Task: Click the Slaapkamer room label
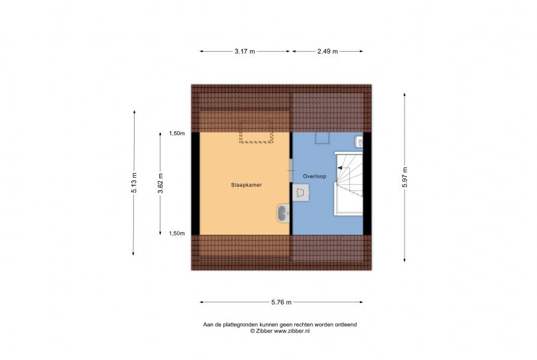246,185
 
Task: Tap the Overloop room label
313,176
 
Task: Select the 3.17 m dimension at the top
245,51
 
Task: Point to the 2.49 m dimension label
327,51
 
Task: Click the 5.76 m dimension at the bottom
281,302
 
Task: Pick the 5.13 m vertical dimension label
134,182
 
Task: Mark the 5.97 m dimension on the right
404,176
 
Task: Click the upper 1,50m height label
176,133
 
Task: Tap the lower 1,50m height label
176,233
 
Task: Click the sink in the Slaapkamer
283,213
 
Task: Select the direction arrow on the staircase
343,170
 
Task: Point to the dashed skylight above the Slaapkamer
256,137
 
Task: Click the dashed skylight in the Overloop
323,138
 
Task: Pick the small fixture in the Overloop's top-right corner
359,141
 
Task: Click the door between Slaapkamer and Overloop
291,170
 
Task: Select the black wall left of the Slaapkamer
196,184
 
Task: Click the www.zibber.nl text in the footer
288,330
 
